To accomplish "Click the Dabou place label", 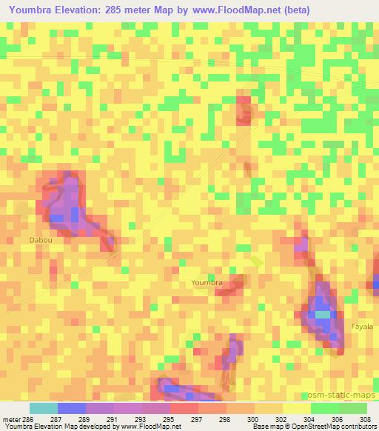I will pos(41,240).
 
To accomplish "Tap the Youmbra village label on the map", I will pos(207,282).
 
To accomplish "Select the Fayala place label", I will pos(362,326).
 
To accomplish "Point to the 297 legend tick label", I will pos(198,419).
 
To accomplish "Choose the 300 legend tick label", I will pos(254,419).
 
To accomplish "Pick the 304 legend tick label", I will pos(310,419).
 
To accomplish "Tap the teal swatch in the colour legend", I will pos(44,408).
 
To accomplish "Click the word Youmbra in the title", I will pos(35,10).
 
